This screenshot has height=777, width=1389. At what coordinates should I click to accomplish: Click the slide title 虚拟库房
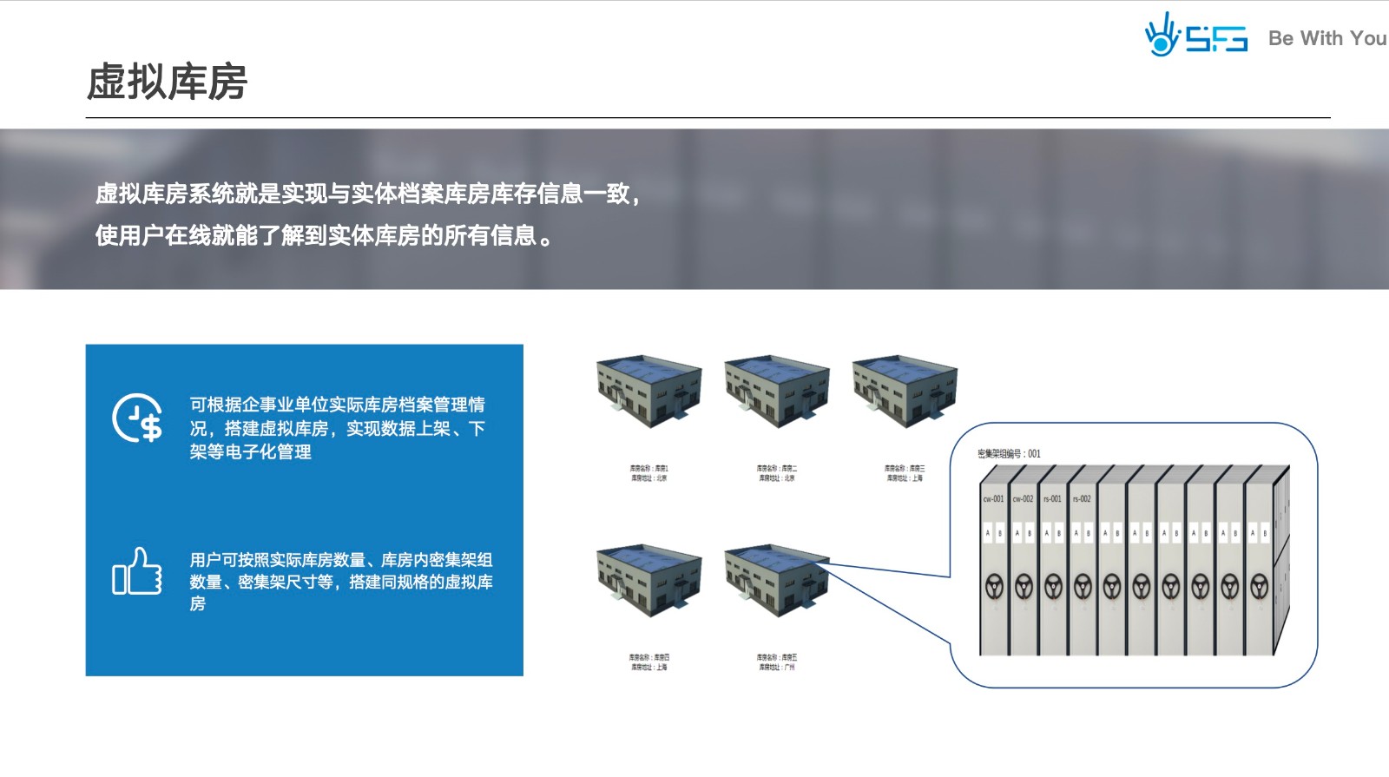tap(167, 82)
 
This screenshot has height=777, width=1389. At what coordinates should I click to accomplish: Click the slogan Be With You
tap(1326, 38)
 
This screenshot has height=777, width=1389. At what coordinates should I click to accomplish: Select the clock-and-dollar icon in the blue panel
tap(138, 418)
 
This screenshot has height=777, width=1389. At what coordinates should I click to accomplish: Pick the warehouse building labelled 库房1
tap(648, 390)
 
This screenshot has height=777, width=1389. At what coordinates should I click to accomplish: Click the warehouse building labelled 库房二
tap(776, 390)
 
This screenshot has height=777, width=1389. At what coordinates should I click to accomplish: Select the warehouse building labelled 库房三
tap(904, 390)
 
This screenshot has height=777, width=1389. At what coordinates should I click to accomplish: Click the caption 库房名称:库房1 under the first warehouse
tap(648, 469)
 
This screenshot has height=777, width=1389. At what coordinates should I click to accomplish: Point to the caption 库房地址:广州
tap(776, 668)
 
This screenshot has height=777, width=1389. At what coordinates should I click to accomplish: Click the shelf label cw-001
tap(993, 499)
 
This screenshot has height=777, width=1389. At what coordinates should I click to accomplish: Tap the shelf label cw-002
tap(1023, 499)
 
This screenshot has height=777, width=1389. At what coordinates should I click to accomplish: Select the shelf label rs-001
tap(1052, 499)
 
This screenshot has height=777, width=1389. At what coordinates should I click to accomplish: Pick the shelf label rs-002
tap(1082, 499)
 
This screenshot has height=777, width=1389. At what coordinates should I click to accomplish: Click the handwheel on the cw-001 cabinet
tap(994, 586)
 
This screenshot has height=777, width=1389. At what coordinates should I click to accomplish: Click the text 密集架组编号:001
tap(1009, 454)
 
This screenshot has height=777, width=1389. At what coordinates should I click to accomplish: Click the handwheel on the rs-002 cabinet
tap(1083, 586)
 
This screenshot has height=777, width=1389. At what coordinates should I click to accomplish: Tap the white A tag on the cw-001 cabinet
tap(988, 533)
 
